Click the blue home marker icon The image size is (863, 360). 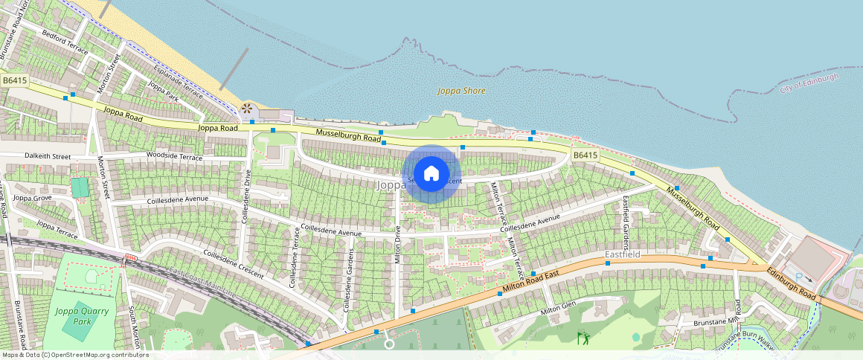click(x=431, y=174)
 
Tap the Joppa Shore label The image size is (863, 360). click(x=461, y=91)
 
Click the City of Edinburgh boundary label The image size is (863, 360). click(x=809, y=83)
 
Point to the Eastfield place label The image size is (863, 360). click(x=622, y=255)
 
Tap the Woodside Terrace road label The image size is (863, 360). click(x=174, y=157)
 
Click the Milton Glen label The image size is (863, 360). click(x=558, y=309)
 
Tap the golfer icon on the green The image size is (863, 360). click(x=583, y=338)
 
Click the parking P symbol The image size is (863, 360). click(x=799, y=277)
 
